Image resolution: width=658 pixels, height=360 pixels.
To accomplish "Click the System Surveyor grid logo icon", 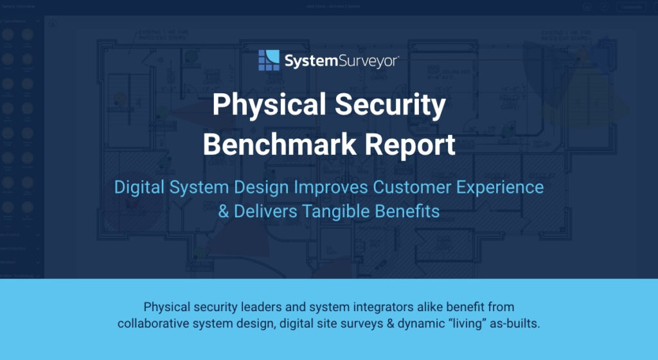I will point(269,60).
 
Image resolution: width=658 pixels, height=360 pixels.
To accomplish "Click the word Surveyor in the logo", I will point(369,61).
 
